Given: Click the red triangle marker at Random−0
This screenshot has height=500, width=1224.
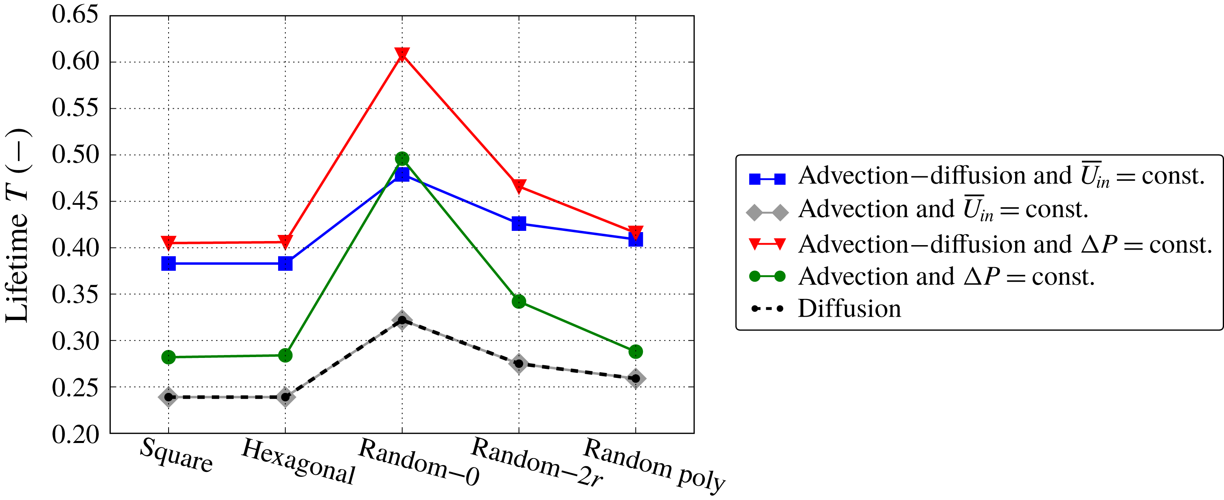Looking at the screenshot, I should (402, 54).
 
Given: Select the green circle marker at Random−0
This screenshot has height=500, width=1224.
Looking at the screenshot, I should (402, 158).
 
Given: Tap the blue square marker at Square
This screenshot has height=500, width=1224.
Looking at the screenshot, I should (168, 263).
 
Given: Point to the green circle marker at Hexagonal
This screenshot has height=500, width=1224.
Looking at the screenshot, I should (285, 355).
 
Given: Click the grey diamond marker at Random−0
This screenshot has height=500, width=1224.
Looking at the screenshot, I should (402, 320).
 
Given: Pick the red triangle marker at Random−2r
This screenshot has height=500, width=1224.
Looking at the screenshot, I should (519, 186).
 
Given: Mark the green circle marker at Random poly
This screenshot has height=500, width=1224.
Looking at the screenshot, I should (636, 352).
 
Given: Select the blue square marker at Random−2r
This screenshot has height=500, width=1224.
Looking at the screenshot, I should (519, 224).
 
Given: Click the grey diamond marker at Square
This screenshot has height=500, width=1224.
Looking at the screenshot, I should (168, 397).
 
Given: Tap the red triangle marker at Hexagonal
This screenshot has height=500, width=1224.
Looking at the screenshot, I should (285, 241).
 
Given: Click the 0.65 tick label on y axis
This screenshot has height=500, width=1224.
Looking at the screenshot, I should (75, 15).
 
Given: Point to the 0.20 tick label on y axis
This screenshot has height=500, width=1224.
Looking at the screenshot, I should (75, 434).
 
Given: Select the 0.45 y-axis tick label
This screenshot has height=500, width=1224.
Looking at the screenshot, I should (75, 201).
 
